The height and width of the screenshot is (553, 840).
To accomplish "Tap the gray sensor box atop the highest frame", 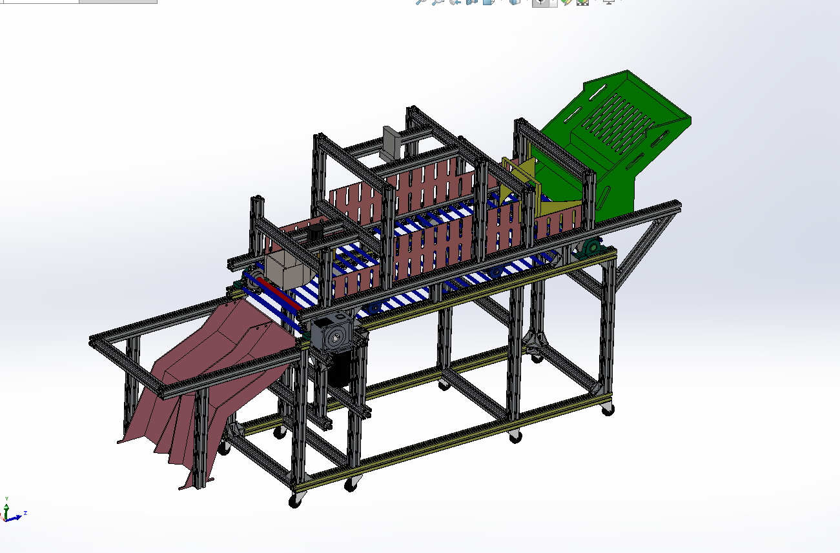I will [392, 141].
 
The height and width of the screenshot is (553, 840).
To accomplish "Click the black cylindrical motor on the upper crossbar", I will [315, 232].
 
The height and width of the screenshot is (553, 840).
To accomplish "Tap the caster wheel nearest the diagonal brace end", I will [607, 409].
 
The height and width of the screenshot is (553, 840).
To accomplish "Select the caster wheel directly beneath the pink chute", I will [224, 447].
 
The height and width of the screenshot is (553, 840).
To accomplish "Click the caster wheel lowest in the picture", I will [296, 499].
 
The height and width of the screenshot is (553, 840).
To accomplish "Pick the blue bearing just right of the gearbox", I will [373, 309].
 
